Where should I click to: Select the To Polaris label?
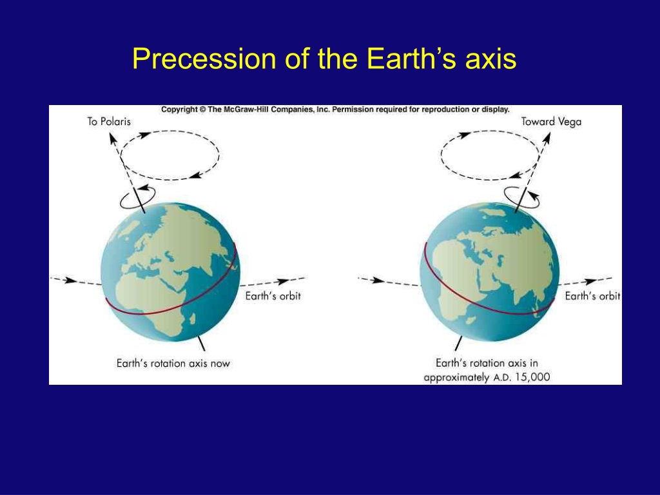coord(109,121)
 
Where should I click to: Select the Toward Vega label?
coord(551,121)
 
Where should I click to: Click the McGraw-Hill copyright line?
coord(335,110)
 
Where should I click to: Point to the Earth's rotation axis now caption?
coord(173,363)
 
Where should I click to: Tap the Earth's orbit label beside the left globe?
coord(273,296)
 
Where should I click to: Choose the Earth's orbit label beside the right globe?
coord(592,296)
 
